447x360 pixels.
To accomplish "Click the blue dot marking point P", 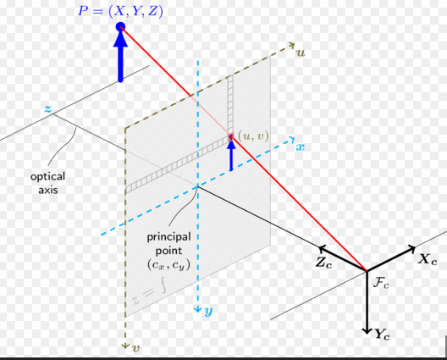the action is [120, 27].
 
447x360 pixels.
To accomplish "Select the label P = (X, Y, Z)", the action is [120, 11].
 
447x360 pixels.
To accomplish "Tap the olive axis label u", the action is [301, 53].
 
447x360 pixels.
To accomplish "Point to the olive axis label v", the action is [136, 348].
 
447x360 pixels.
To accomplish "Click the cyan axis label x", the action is [301, 147].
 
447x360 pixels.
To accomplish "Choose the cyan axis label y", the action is [208, 311].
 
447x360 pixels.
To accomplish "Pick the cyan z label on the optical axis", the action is [48, 108].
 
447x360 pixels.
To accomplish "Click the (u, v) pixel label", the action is [253, 136].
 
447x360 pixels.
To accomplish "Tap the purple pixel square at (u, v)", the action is [230, 136].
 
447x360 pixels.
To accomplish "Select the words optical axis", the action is [48, 183].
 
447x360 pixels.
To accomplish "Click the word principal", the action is [168, 237].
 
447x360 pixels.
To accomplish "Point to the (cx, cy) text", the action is [168, 265].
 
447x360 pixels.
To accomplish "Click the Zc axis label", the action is [323, 263].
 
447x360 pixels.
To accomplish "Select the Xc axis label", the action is [428, 259].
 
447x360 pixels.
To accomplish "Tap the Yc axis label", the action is [383, 334].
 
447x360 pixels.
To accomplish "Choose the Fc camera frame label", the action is [381, 283].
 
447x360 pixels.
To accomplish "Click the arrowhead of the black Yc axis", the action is [367, 331].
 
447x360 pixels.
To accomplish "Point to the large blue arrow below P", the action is [120, 56].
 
